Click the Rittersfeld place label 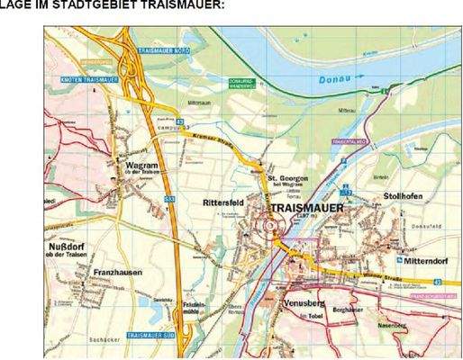(222, 203)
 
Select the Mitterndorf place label (424, 261)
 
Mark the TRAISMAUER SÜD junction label (151, 335)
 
